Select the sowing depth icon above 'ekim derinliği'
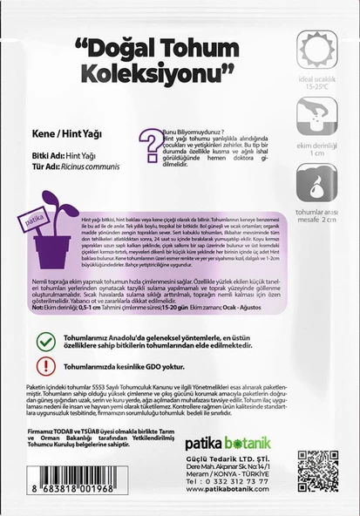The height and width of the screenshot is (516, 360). coord(316,114)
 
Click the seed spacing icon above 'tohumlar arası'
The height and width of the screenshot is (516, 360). coord(316,183)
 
